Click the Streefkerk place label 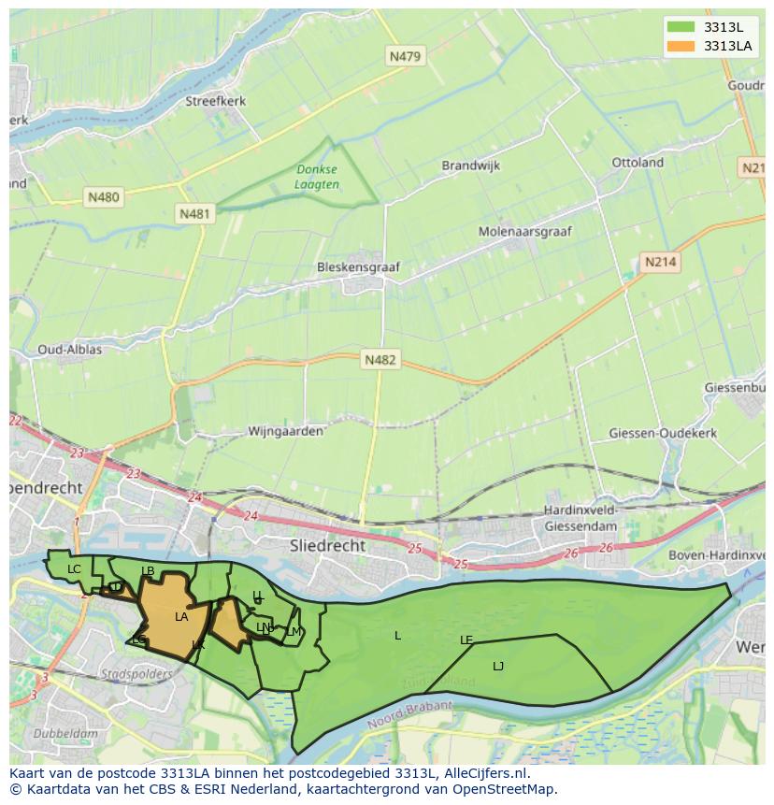pyautogui.click(x=214, y=101)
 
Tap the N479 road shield pyautogui.click(x=405, y=57)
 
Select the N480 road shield pyautogui.click(x=103, y=197)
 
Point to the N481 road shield pyautogui.click(x=194, y=214)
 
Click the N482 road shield pyautogui.click(x=380, y=360)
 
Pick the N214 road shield pyautogui.click(x=660, y=263)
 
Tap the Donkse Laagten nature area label pyautogui.click(x=317, y=177)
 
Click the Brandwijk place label pyautogui.click(x=471, y=165)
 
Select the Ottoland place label pyautogui.click(x=638, y=163)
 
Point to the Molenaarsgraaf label pyautogui.click(x=524, y=231)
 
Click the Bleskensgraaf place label pyautogui.click(x=358, y=267)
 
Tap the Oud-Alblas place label pyautogui.click(x=69, y=350)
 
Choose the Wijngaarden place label pyautogui.click(x=285, y=431)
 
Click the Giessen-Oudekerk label pyautogui.click(x=663, y=433)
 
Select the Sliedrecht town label pyautogui.click(x=328, y=545)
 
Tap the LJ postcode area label pyautogui.click(x=498, y=666)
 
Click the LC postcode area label pyautogui.click(x=74, y=569)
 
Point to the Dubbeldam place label pyautogui.click(x=65, y=734)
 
